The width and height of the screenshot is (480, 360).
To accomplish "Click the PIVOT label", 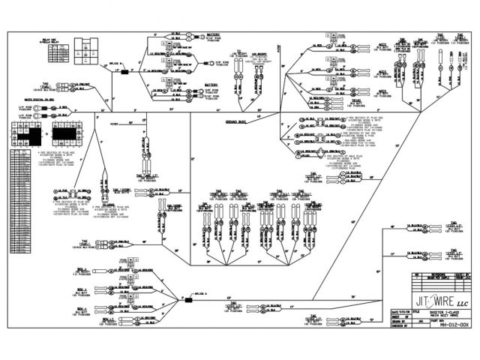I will coord(115,123).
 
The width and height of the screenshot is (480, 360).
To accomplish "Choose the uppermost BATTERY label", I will coord(212,34).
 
